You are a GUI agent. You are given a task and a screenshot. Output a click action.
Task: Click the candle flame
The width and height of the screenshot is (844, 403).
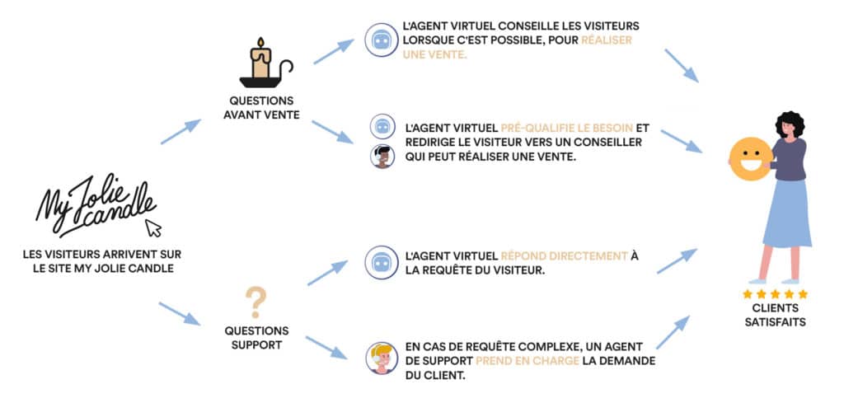point(260,44)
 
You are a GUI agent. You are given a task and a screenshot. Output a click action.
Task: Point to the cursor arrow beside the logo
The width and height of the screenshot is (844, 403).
point(153,227)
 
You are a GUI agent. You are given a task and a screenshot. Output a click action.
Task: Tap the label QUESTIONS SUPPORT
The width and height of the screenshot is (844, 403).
point(256,338)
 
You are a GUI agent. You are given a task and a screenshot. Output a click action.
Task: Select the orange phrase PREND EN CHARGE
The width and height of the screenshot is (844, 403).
point(517,361)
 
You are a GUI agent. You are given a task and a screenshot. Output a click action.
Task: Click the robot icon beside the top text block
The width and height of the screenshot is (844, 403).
point(382,40)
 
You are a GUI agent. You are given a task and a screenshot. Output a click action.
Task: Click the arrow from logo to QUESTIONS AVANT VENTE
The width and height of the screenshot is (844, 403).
point(181,132)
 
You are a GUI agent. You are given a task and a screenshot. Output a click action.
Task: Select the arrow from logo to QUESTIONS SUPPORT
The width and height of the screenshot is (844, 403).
point(179,313)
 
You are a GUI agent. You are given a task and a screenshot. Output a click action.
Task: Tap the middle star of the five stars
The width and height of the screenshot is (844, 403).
point(775,294)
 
